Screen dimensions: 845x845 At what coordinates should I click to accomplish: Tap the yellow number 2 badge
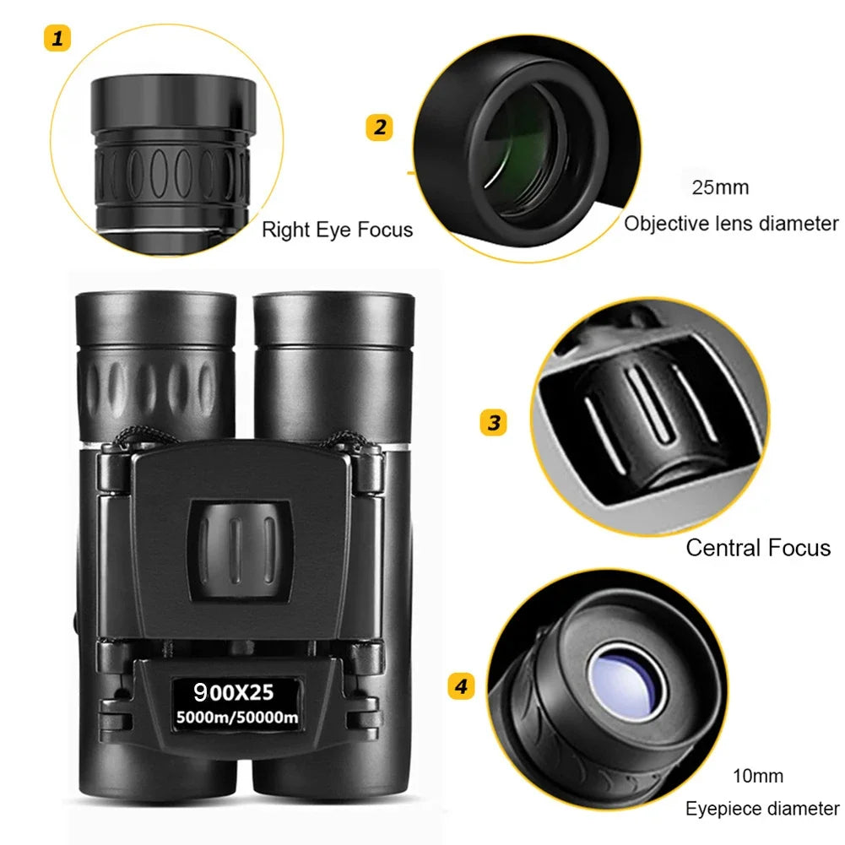pos(379,127)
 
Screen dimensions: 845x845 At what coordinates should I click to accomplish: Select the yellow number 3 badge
pos(494,421)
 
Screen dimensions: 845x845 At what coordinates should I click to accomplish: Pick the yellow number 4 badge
pos(460,686)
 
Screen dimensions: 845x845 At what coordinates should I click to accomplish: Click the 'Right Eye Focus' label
pos(337,230)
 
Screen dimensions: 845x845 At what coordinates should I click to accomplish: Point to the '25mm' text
pos(720,187)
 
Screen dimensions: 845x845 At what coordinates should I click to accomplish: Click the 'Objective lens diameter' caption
pos(731,224)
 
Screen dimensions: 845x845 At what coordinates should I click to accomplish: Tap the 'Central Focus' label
pos(757,548)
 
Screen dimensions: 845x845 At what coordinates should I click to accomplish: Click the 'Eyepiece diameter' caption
pos(761,809)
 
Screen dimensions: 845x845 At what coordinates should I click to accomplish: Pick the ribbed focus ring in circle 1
pos(173,173)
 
